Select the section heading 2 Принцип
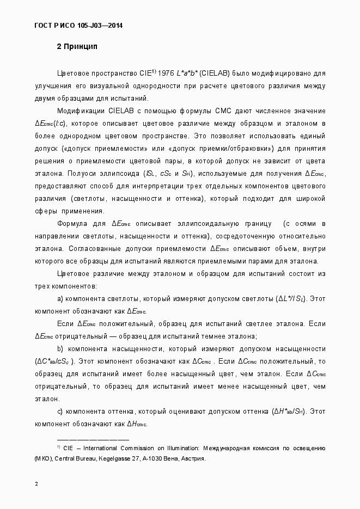77,47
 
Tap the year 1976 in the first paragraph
164,72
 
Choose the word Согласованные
93,249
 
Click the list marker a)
60,299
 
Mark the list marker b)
60,349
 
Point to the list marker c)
60,412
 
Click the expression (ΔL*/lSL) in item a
292,299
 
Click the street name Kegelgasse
116,458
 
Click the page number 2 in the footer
36,485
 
